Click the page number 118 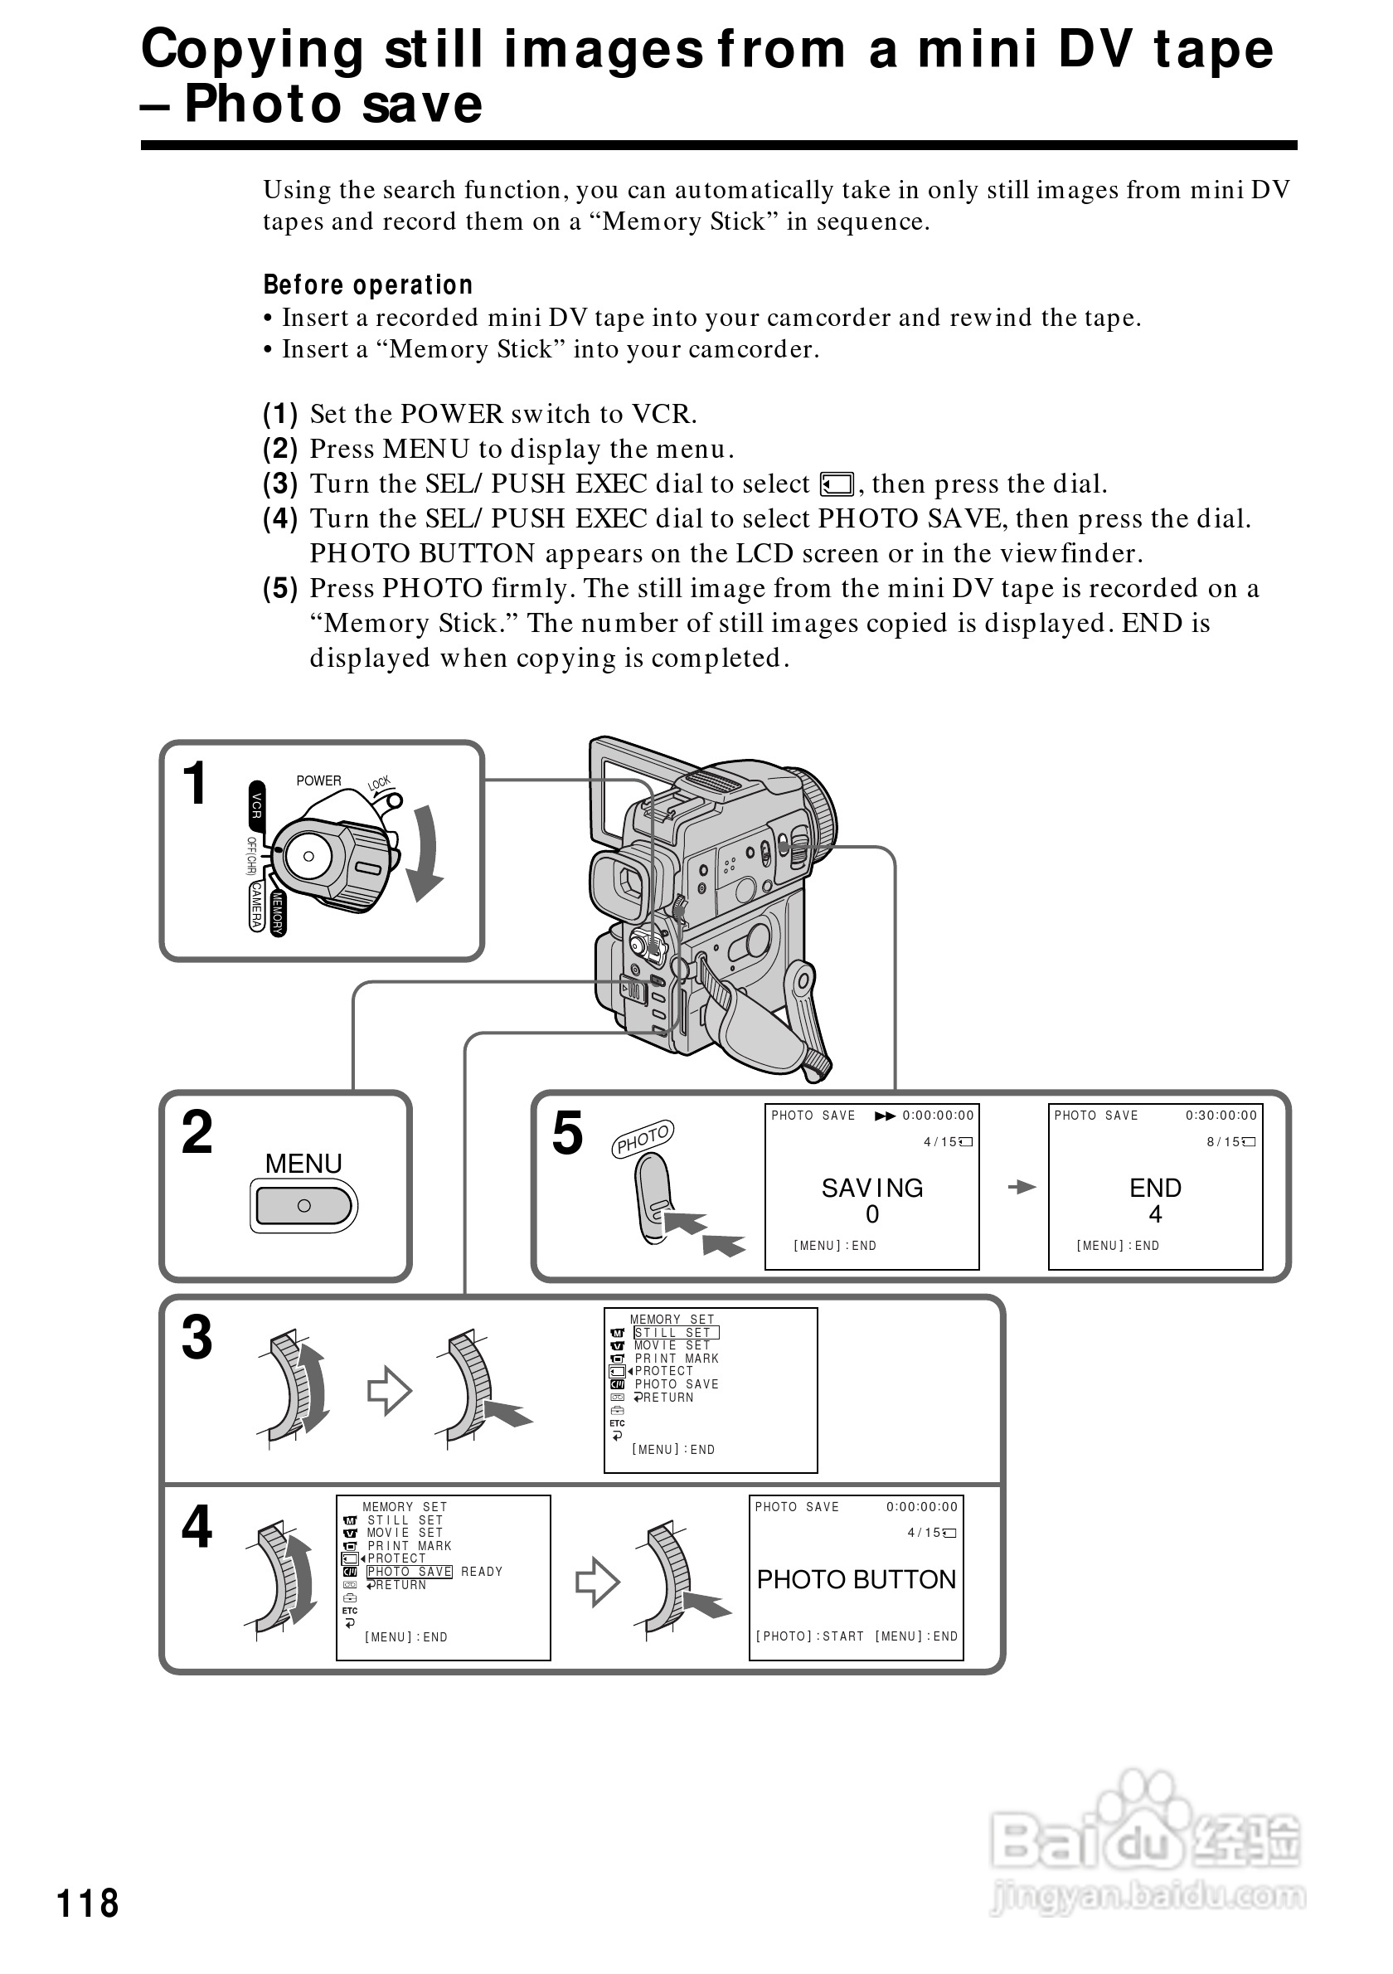[88, 1903]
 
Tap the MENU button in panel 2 [303, 1205]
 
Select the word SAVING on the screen [871, 1188]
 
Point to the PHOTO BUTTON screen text [856, 1579]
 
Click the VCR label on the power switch [256, 805]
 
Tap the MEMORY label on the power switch [277, 912]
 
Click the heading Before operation [368, 284]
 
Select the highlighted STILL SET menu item [676, 1333]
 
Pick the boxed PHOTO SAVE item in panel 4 [409, 1572]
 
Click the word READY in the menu [481, 1572]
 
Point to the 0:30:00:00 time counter [1221, 1115]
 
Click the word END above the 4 [1155, 1188]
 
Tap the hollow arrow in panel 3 [389, 1390]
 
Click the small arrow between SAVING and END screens [1022, 1188]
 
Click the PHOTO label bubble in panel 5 [643, 1139]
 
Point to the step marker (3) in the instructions [280, 484]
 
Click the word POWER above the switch [319, 780]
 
